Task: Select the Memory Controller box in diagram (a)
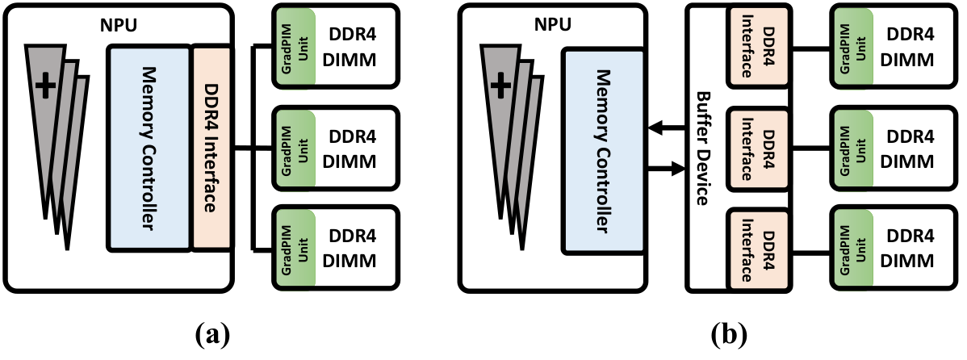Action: (149, 148)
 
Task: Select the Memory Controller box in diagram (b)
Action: (602, 151)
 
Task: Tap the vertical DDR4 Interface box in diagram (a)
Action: (211, 148)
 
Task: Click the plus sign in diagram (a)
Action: (45, 88)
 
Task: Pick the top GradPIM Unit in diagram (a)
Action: (295, 46)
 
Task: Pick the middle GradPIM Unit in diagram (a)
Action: (295, 148)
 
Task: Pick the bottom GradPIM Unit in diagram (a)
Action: (295, 248)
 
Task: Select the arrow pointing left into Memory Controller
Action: (665, 128)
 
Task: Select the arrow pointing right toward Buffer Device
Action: (665, 168)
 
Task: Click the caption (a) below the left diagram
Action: (211, 336)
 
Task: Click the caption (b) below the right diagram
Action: (728, 336)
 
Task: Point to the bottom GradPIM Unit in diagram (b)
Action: (851, 248)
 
